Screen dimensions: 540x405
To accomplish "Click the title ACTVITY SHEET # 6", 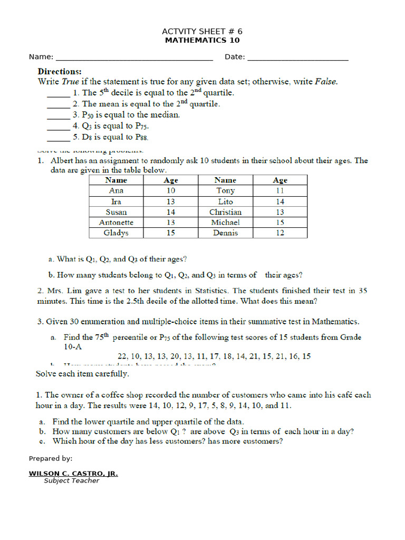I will click(202, 32).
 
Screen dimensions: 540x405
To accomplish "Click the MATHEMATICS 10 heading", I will click(202, 40).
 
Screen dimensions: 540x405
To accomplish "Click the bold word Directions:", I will click(60, 71).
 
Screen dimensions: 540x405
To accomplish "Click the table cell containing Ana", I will click(116, 191).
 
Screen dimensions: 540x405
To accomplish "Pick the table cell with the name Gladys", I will click(116, 233).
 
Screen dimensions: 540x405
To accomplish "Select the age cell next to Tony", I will click(280, 191).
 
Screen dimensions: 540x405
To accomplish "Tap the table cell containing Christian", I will click(225, 212).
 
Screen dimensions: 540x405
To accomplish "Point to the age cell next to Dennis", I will click(280, 233).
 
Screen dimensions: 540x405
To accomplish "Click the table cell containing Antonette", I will click(116, 223).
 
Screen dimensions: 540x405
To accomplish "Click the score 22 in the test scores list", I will click(123, 356).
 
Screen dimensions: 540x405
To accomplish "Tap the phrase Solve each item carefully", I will click(82, 374).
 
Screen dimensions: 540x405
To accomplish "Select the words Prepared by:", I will click(51, 459).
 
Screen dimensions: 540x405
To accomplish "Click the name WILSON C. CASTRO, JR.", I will click(73, 474).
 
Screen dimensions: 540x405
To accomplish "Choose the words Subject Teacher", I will click(71, 481).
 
